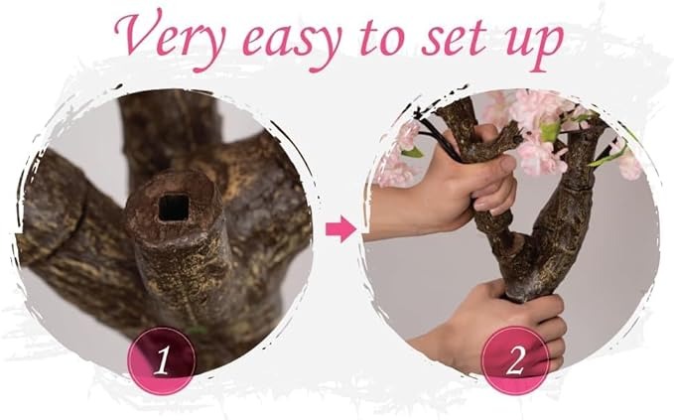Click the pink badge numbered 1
pyautogui.click(x=162, y=360)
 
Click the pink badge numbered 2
pyautogui.click(x=515, y=360)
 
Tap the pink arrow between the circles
pyautogui.click(x=340, y=229)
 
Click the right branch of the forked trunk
pyautogui.click(x=563, y=202)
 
